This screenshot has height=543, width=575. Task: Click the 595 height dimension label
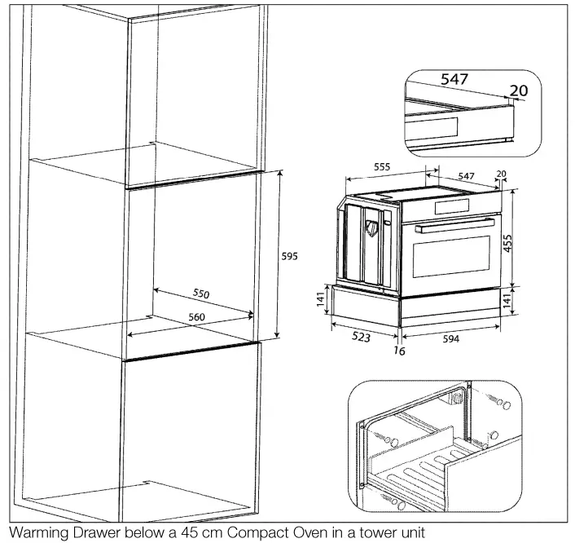click(289, 255)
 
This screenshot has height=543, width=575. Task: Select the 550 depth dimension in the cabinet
click(201, 292)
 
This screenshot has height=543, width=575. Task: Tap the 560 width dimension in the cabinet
click(196, 316)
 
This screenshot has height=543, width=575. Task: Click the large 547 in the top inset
click(455, 80)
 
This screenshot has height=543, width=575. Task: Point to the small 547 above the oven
click(466, 176)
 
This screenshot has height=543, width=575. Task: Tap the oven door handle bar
click(454, 228)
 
